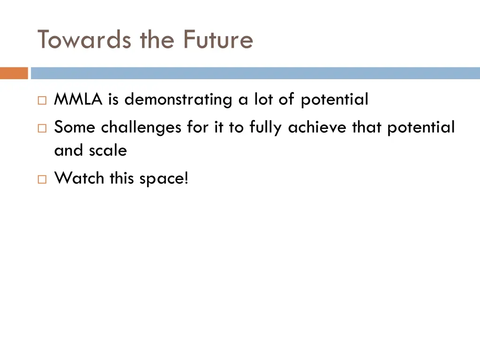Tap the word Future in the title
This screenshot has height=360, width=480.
[x=218, y=39]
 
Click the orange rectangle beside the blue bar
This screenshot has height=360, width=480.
[x=14, y=73]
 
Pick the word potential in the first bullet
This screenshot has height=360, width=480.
[x=334, y=100]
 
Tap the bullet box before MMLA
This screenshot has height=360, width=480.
[x=42, y=100]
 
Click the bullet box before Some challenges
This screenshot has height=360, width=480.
[x=42, y=127]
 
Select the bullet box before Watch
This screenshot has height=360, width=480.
[x=42, y=179]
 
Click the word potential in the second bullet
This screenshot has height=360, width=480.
[x=420, y=127]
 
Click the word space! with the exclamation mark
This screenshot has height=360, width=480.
[x=164, y=179]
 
